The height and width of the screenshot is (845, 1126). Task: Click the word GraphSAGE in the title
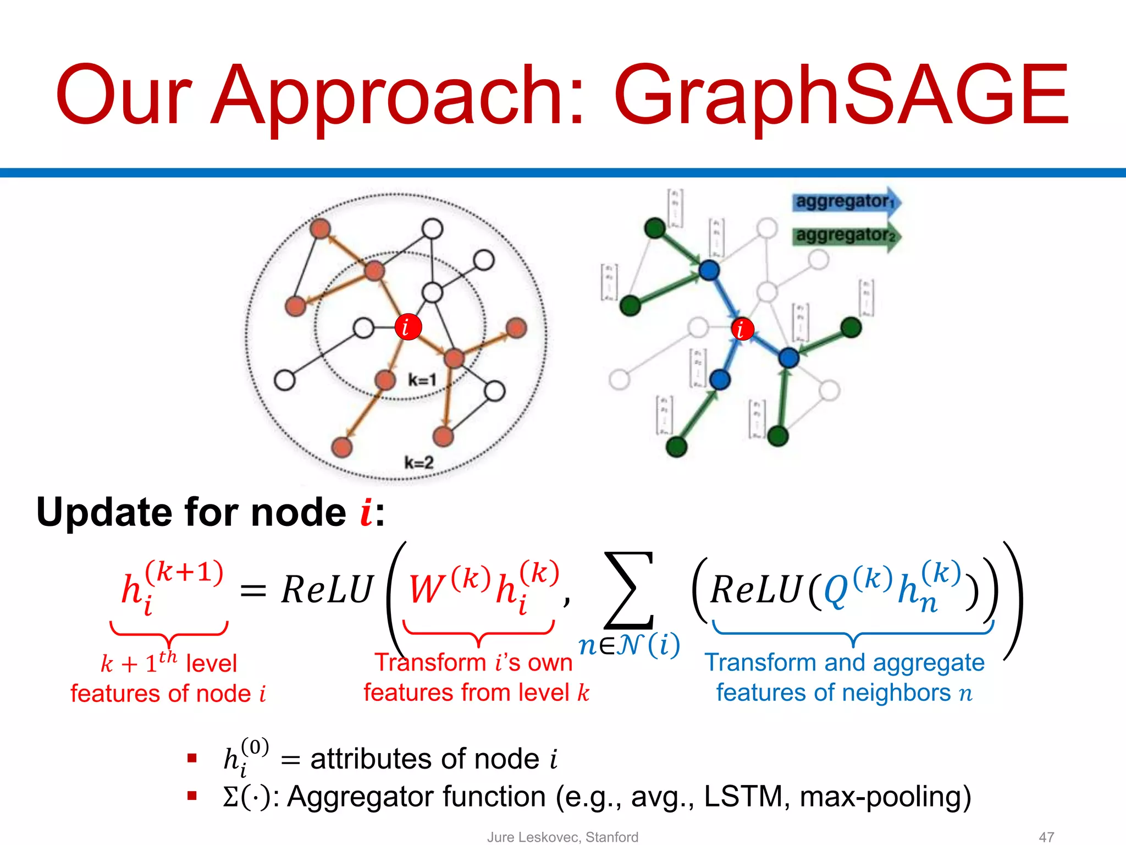pos(841,96)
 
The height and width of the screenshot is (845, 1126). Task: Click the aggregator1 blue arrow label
pos(844,201)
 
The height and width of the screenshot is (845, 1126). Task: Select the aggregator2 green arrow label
pos(844,235)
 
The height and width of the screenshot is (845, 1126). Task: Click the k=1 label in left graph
pos(422,380)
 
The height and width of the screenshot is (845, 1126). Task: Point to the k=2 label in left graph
pos(418,463)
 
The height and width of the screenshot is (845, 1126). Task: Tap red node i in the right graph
pos(742,329)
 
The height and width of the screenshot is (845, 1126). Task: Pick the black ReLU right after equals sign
pos(327,590)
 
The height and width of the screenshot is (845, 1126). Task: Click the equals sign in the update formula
pos(253,592)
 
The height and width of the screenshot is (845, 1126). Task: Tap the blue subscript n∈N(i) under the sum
pos(629,645)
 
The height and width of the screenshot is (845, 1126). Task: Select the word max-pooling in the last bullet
pos(885,797)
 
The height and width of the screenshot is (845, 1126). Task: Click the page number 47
pos(1046,837)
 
